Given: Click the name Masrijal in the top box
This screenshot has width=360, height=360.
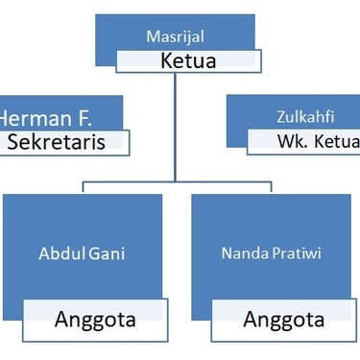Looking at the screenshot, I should tap(176, 37).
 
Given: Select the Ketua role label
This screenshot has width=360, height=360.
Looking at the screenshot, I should tap(188, 61).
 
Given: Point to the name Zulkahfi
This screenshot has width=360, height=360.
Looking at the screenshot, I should tap(298, 119).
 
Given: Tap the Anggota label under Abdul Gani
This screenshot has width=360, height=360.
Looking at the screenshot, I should tap(94, 319).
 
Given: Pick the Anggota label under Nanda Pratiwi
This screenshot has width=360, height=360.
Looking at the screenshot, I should tap(282, 319).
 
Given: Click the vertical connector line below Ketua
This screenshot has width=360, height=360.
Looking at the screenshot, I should tap(175, 125).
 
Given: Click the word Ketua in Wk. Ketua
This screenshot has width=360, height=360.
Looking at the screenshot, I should tap(329, 143).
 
